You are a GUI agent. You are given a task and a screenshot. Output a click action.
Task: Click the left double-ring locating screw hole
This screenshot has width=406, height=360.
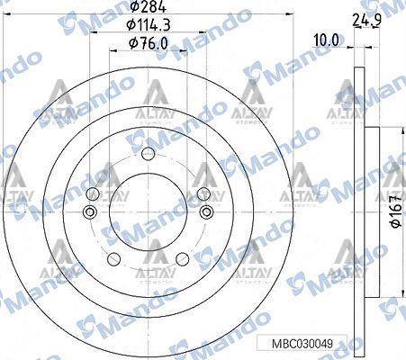click(x=88, y=212)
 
